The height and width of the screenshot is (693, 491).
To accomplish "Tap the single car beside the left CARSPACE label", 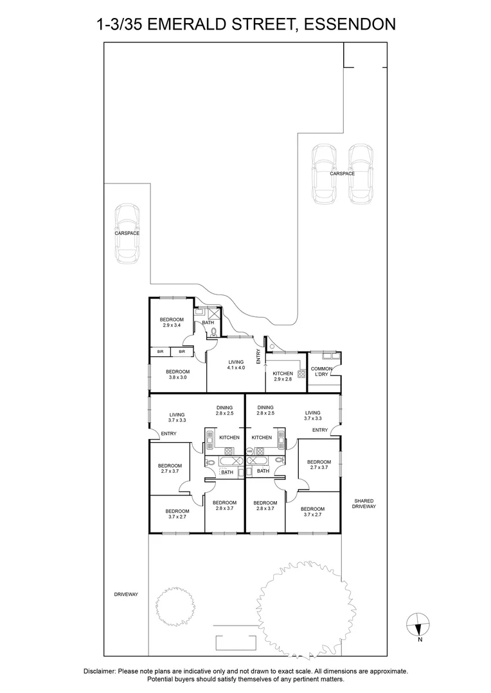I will click(127, 234).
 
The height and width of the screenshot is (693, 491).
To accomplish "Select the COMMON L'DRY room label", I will click(322, 372).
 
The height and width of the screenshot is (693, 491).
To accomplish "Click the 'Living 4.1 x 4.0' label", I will click(236, 364).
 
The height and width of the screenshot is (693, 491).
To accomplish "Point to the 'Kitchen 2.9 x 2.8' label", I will click(283, 377).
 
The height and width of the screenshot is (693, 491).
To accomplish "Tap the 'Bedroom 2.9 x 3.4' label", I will click(172, 323).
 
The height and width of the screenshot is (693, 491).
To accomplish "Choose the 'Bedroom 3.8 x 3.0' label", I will click(177, 375).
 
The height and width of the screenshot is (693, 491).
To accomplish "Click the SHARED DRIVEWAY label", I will click(362, 504).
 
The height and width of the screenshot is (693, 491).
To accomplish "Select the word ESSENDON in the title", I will click(349, 25).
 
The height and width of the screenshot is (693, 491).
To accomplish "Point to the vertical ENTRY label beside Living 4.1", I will click(259, 356).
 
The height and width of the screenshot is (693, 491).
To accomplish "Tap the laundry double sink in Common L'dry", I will click(325, 355).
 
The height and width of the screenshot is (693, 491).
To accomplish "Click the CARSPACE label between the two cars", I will click(342, 173).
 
